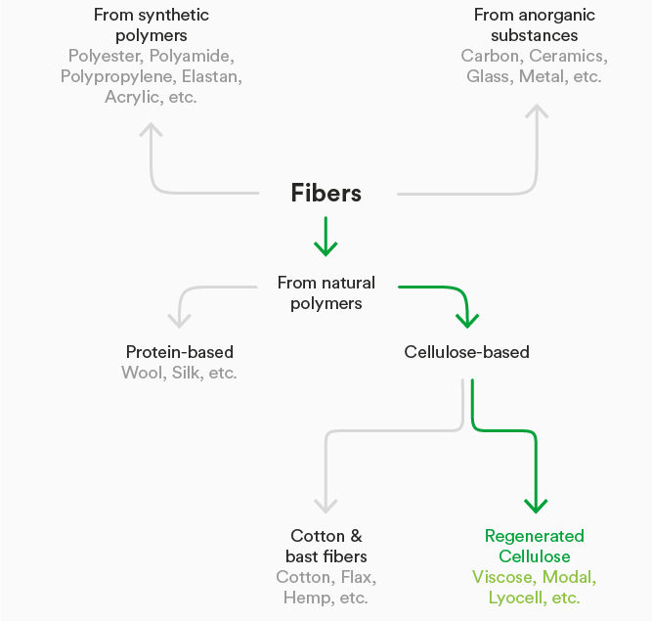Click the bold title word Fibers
click(326, 193)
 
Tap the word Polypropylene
click(118, 76)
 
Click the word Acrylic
click(132, 98)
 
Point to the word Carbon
click(490, 56)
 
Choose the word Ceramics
click(568, 56)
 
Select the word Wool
click(143, 373)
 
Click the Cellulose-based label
click(466, 351)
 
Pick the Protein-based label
click(180, 351)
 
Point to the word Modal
click(569, 577)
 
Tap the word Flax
click(357, 577)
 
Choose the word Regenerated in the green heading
click(535, 536)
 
